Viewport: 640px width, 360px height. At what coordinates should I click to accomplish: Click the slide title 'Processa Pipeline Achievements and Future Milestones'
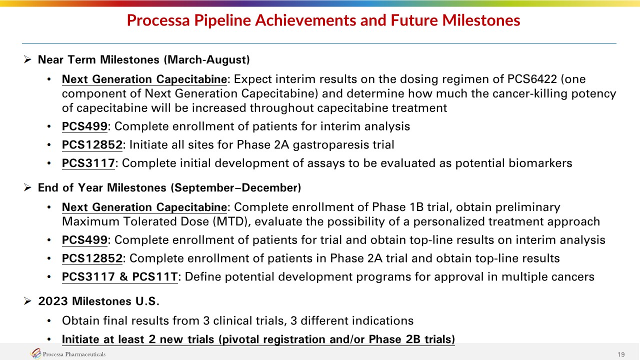pyautogui.click(x=323, y=20)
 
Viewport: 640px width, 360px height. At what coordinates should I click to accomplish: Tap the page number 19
pyautogui.click(x=621, y=354)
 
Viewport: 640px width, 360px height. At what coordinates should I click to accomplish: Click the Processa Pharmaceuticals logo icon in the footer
pyautogui.click(x=35, y=353)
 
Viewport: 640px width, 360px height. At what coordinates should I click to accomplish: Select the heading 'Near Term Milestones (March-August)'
pyautogui.click(x=143, y=59)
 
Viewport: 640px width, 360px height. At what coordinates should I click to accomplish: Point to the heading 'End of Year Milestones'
pyautogui.click(x=102, y=187)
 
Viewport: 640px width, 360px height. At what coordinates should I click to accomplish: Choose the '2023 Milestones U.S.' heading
pyautogui.click(x=98, y=301)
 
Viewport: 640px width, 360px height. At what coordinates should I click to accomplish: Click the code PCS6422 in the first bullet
pyautogui.click(x=532, y=79)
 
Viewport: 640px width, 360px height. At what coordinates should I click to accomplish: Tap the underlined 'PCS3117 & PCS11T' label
pyautogui.click(x=119, y=277)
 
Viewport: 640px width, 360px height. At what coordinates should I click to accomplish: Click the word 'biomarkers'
pyautogui.click(x=513, y=163)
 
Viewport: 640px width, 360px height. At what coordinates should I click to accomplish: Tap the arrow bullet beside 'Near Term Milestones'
pyautogui.click(x=27, y=59)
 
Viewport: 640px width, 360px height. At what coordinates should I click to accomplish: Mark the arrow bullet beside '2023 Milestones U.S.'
pyautogui.click(x=27, y=301)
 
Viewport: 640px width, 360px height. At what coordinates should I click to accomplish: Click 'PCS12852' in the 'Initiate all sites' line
pyautogui.click(x=92, y=145)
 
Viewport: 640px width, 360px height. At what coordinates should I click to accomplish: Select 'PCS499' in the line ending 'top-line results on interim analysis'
pyautogui.click(x=84, y=240)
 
